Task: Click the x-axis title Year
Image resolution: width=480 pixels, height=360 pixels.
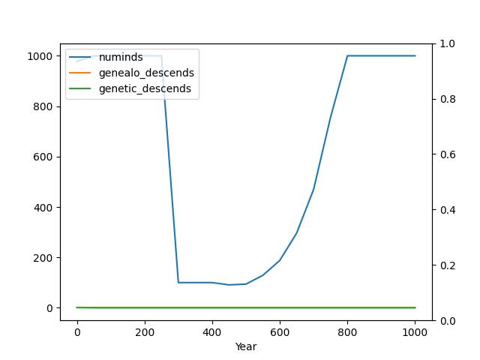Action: tap(246, 347)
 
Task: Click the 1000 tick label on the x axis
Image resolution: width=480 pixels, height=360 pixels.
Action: tap(415, 331)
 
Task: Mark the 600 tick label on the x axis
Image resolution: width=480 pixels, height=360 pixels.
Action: tap(280, 331)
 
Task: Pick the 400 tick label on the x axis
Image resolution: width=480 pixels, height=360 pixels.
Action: tap(212, 331)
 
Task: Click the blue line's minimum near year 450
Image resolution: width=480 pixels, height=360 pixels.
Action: tap(229, 285)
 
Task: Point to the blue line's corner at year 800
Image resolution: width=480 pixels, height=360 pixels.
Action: tap(347, 55)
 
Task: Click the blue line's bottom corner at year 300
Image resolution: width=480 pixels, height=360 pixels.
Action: tap(178, 283)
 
